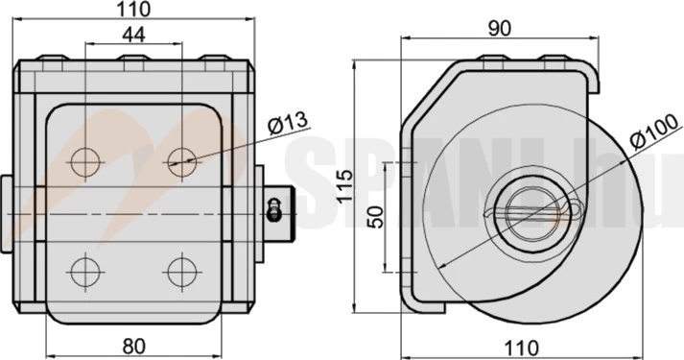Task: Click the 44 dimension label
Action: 133,35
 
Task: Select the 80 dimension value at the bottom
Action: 134,347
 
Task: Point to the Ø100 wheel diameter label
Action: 655,131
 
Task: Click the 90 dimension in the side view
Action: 499,29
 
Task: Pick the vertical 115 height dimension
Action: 345,185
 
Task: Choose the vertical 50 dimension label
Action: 376,217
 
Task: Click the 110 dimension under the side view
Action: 521,348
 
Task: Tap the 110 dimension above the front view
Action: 134,10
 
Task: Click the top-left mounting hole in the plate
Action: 85,162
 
